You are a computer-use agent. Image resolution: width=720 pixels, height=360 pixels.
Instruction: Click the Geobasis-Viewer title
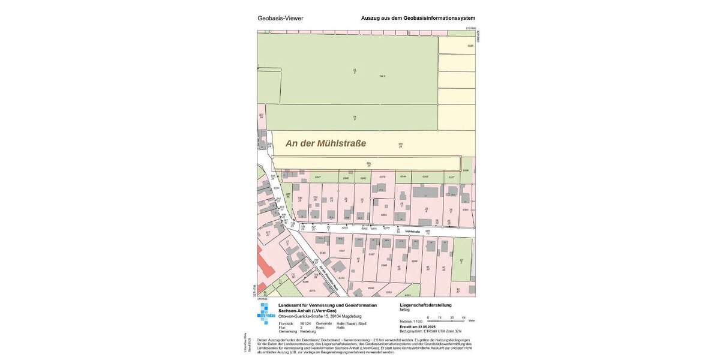(280, 18)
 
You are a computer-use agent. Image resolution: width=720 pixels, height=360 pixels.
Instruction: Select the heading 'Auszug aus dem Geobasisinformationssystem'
(418, 18)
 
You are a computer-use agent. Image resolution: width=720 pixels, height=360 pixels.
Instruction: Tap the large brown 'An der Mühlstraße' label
(325, 143)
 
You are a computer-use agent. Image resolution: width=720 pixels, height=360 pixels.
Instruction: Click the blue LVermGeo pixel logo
(266, 313)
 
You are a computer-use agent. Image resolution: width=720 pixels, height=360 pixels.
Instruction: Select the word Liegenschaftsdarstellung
(425, 305)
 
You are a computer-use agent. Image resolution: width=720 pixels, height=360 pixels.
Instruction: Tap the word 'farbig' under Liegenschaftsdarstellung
(405, 310)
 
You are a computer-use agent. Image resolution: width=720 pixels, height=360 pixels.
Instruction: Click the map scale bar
(446, 318)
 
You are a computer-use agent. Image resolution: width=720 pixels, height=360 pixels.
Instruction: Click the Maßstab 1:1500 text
(411, 322)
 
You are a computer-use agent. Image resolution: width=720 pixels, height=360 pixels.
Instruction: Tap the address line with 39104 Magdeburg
(319, 316)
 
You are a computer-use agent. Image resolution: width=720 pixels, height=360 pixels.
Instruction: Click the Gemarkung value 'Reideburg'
(308, 331)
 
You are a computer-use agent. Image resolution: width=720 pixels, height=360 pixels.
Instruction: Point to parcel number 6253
(384, 214)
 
